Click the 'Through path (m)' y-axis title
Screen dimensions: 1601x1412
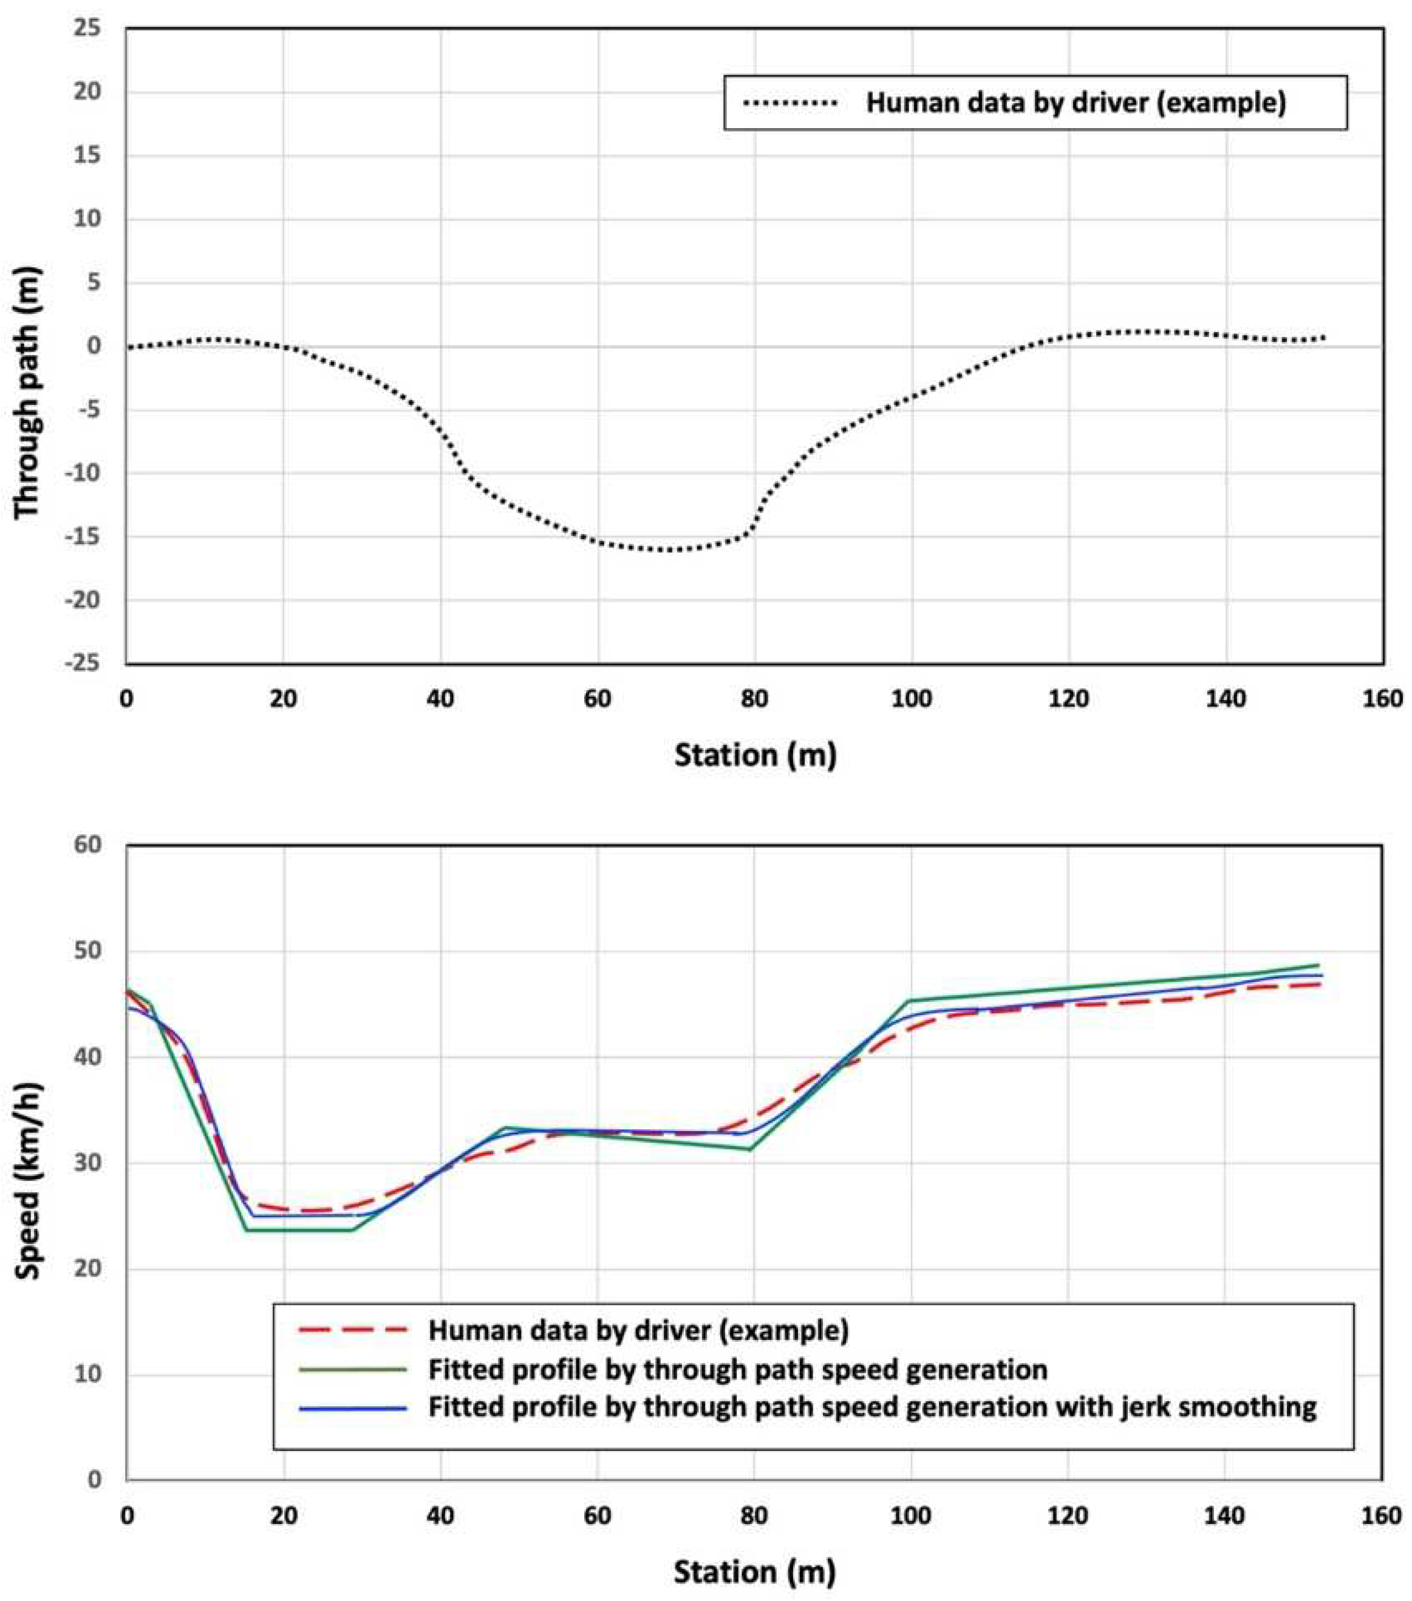pos(27,392)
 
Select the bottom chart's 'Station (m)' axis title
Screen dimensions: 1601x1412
pos(754,1571)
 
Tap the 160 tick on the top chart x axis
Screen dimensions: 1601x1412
pos(1382,699)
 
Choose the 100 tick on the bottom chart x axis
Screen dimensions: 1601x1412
pos(912,1515)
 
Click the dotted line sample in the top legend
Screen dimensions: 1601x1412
pos(790,103)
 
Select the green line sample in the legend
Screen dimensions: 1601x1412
pos(353,1369)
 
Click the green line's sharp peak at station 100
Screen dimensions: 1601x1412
pos(910,1000)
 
